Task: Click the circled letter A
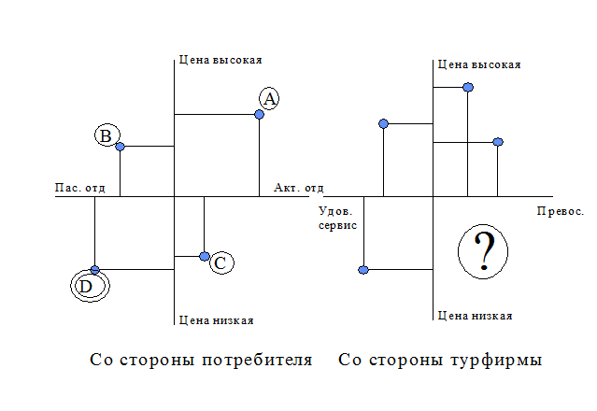tap(269, 99)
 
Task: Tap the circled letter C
tap(221, 264)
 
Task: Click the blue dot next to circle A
tap(259, 115)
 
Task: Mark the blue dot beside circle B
tap(120, 147)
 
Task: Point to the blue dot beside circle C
tap(204, 256)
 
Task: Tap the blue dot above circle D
tap(94, 270)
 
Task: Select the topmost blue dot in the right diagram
tap(468, 87)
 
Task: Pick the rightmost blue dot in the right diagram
tap(498, 142)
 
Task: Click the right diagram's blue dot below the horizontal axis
tap(363, 270)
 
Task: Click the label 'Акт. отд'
tap(298, 188)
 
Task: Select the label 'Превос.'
tap(561, 213)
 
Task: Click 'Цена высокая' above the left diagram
tap(220, 60)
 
